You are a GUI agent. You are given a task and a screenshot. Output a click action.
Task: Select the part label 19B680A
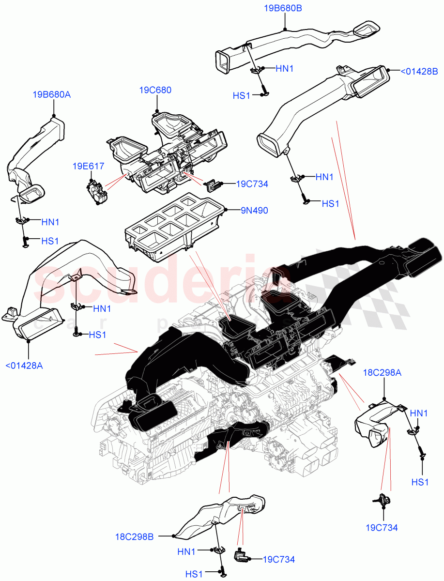(52, 94)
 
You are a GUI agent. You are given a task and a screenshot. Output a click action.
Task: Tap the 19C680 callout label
(155, 90)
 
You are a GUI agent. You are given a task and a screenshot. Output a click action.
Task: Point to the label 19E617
(89, 166)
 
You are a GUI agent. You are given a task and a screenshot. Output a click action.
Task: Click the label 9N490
(255, 211)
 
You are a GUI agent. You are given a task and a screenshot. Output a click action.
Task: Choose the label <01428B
(419, 72)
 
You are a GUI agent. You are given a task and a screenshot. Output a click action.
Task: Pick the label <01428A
(24, 366)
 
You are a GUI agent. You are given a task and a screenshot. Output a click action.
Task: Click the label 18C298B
(134, 536)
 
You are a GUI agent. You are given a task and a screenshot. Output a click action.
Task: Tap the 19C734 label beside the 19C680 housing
(252, 184)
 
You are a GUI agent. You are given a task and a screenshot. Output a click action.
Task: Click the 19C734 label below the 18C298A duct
(382, 528)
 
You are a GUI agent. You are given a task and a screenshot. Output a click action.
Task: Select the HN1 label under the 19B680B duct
(285, 69)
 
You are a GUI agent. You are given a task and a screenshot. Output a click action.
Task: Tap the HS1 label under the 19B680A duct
(50, 241)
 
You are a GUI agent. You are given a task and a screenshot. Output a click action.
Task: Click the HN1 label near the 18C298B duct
(186, 551)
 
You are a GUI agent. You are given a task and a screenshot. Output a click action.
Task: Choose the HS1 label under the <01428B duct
(331, 204)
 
